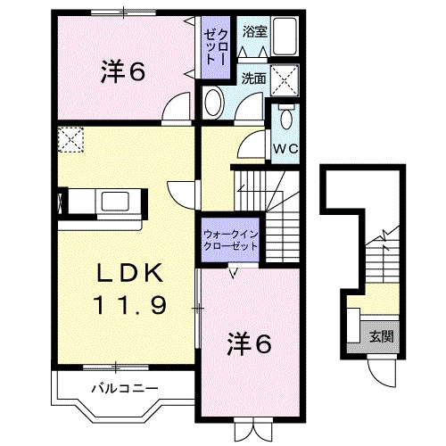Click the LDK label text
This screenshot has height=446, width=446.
click(x=130, y=273)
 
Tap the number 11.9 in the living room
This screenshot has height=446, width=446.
click(x=130, y=306)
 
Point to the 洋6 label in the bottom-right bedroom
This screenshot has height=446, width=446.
click(x=249, y=343)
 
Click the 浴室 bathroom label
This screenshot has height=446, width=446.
click(x=255, y=31)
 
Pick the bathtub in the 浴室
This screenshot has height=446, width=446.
click(x=285, y=37)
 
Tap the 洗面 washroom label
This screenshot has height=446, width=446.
click(x=253, y=78)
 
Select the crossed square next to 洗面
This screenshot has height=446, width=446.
click(x=285, y=80)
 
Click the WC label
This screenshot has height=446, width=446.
click(x=285, y=149)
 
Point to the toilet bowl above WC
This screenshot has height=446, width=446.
click(x=285, y=117)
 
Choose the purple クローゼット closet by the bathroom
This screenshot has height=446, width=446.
click(x=216, y=47)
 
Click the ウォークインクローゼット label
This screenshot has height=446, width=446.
click(x=230, y=241)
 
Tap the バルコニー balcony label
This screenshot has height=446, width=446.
click(x=124, y=389)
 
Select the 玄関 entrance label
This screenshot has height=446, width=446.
click(x=382, y=337)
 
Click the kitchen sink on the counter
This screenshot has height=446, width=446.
click(x=115, y=202)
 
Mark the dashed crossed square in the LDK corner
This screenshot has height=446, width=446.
click(x=70, y=139)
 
